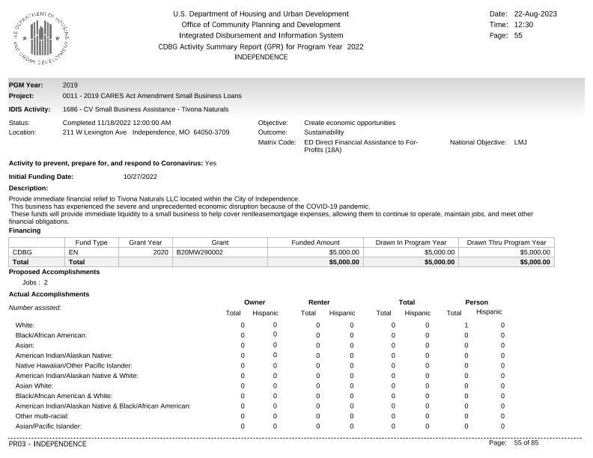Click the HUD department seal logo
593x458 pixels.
click(41, 37)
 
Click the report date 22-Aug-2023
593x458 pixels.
click(535, 14)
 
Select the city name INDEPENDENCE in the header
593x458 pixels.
click(261, 57)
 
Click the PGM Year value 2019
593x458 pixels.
click(70, 85)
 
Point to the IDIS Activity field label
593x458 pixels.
click(29, 109)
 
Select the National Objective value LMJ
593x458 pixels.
click(520, 142)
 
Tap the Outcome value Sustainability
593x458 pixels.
click(324, 132)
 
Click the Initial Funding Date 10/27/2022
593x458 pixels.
click(140, 177)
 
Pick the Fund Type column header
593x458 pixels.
click(91, 242)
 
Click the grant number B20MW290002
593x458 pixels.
click(200, 252)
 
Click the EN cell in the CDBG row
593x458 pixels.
click(73, 252)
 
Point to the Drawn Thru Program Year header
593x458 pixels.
click(506, 242)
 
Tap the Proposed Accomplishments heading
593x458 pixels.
click(54, 272)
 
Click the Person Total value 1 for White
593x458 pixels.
click(466, 325)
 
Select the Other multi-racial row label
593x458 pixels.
click(42, 416)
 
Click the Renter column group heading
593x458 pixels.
click(319, 302)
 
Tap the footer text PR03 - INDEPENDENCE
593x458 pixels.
click(47, 444)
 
